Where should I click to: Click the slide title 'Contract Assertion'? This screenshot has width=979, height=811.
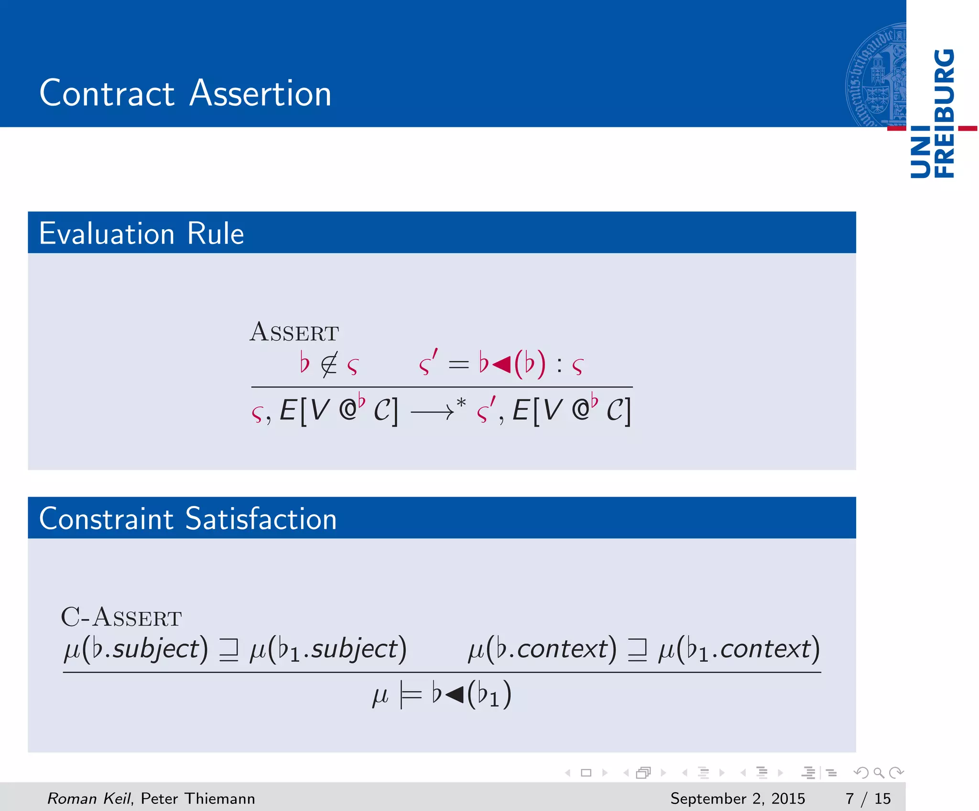(x=185, y=93)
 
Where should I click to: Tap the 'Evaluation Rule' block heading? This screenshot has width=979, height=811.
(x=141, y=233)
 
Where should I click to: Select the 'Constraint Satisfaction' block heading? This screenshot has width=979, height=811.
(x=188, y=519)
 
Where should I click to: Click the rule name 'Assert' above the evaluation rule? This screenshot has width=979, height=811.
(x=294, y=332)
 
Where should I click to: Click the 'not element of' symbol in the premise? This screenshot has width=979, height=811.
(x=329, y=365)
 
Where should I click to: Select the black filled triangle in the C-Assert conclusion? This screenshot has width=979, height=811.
(x=454, y=695)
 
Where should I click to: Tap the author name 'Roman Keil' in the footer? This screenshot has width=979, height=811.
(x=88, y=798)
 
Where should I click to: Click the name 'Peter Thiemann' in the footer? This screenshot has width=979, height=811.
(x=198, y=798)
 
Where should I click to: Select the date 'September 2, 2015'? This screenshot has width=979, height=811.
(x=737, y=798)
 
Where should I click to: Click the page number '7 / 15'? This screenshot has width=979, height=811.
(x=868, y=798)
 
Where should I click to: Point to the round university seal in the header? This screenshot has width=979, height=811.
(x=876, y=76)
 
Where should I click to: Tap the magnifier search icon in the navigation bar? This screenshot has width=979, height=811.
(x=879, y=772)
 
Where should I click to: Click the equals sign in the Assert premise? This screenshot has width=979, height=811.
(x=458, y=365)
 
